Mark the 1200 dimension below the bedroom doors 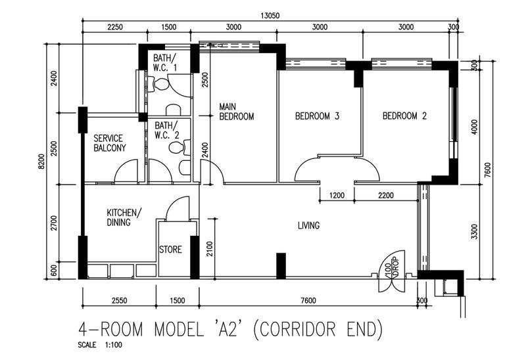click(336, 196)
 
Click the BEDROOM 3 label click(316, 116)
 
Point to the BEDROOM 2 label click(405, 116)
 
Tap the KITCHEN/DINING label click(123, 217)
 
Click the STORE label click(170, 250)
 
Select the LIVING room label click(308, 226)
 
